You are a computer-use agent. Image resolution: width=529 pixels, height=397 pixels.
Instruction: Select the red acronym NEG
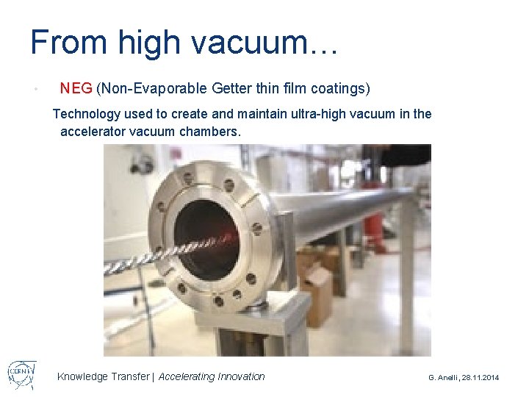[x=76, y=89]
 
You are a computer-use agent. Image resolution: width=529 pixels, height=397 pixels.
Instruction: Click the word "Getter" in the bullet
[x=231, y=89]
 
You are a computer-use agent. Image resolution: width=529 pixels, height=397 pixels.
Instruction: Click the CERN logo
[x=22, y=374]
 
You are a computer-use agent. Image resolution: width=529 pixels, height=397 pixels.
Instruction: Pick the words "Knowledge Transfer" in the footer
[x=102, y=376]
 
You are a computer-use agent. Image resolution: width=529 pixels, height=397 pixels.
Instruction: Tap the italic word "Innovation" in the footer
[x=241, y=376]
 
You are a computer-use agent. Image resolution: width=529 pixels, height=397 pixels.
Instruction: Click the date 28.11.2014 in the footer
[x=481, y=377]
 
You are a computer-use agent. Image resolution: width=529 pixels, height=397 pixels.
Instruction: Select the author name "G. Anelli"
[x=445, y=377]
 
